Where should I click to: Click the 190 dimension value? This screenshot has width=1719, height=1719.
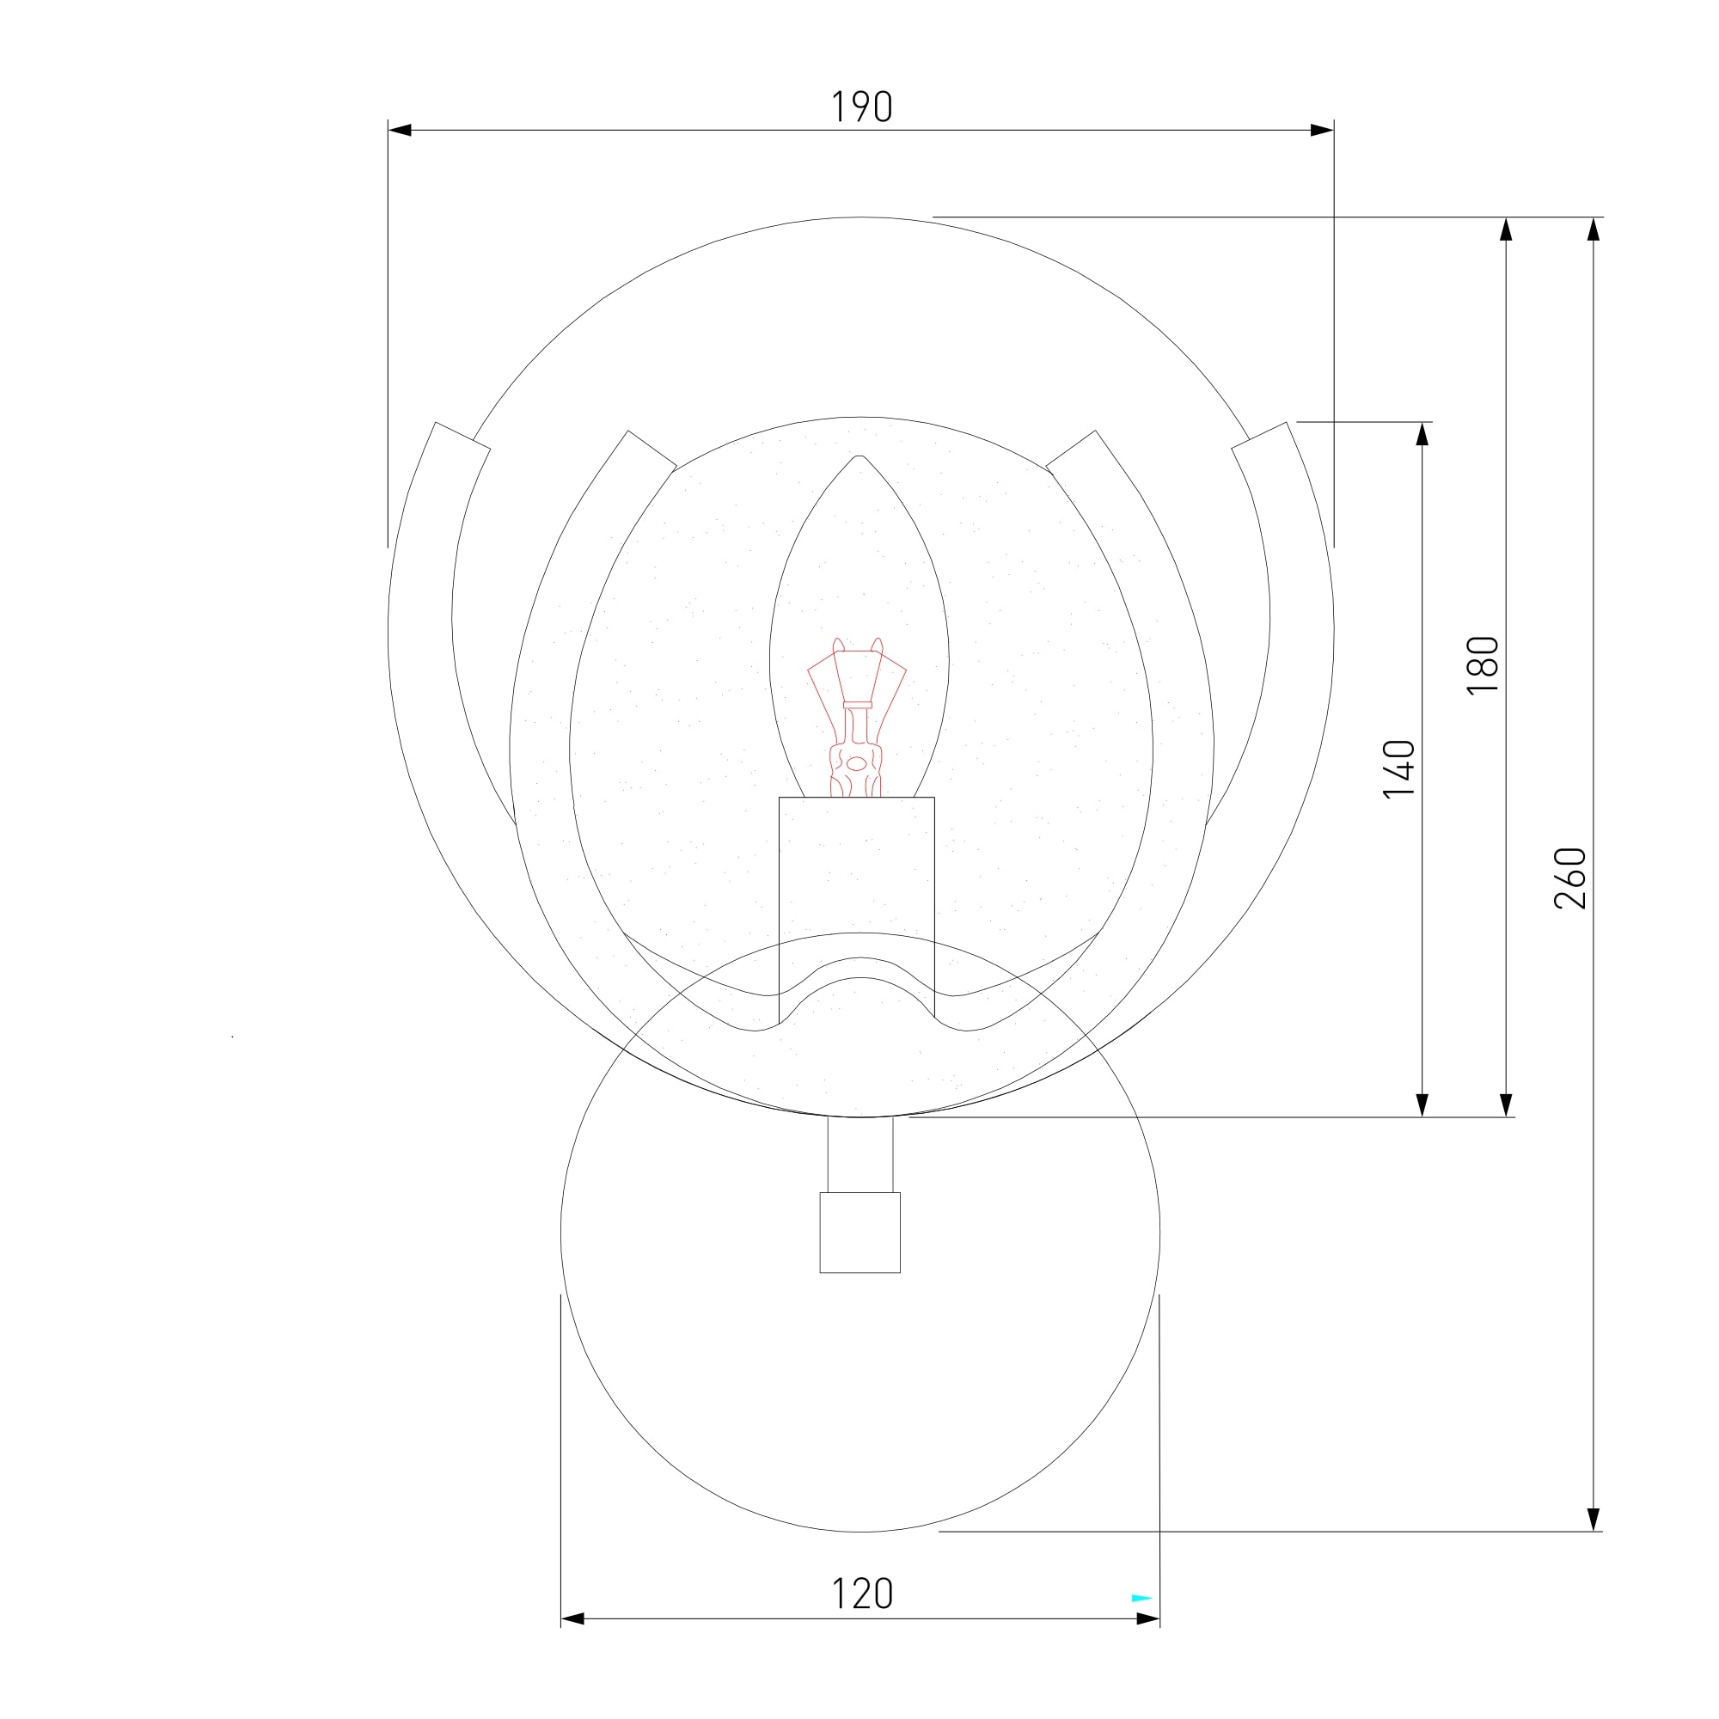pyautogui.click(x=861, y=107)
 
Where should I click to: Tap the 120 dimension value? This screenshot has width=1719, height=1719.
pyautogui.click(x=861, y=1594)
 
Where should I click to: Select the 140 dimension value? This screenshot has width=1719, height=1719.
pyautogui.click(x=1399, y=768)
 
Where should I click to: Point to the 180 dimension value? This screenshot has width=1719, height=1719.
pyautogui.click(x=1483, y=665)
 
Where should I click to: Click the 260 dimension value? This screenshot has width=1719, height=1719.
pyautogui.click(x=1570, y=878)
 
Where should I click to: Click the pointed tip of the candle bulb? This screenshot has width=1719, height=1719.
pyautogui.click(x=859, y=456)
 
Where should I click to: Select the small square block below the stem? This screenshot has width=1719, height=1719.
pyautogui.click(x=859, y=1233)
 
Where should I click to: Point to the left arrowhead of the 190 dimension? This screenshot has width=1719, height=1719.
pyautogui.click(x=400, y=130)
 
